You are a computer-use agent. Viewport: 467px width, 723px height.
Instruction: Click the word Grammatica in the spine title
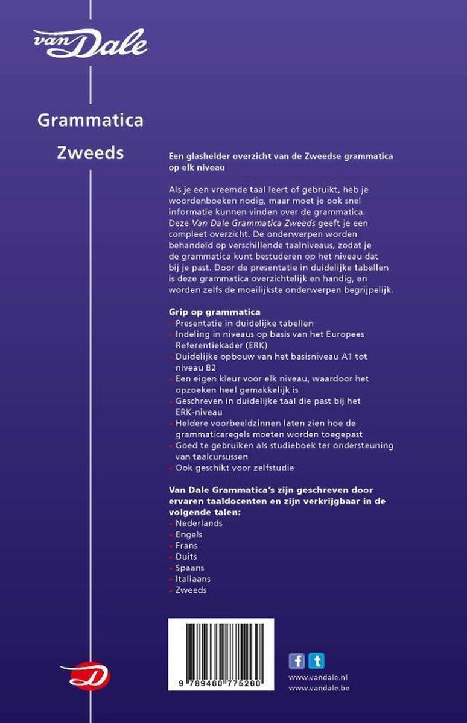pos(91,120)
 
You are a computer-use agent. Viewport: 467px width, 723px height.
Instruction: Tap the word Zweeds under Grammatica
pos(91,153)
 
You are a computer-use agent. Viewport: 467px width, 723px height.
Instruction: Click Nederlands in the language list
pos(199,523)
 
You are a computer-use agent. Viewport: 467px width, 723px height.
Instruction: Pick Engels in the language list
pos(189,534)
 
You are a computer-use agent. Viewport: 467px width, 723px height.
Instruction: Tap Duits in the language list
pos(186,557)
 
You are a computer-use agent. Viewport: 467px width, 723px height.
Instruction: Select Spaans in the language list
pos(189,568)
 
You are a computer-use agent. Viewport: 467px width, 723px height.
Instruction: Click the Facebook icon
pos(297,661)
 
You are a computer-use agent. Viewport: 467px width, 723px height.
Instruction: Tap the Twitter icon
pos(316,661)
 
